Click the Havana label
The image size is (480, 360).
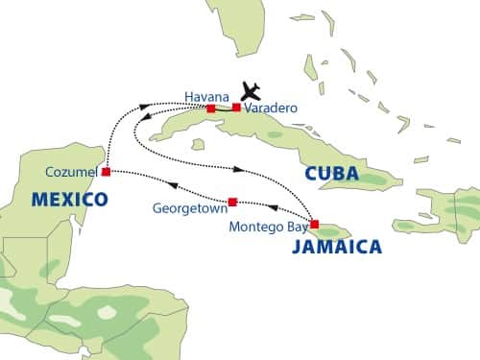click(x=207, y=97)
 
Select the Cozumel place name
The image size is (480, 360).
click(x=72, y=172)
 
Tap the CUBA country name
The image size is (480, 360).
click(x=330, y=175)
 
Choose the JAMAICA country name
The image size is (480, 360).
click(x=335, y=247)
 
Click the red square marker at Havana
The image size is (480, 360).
click(x=211, y=108)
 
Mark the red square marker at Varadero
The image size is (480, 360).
click(x=237, y=107)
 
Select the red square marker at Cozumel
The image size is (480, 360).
click(x=106, y=172)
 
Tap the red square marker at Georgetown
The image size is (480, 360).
click(x=232, y=202)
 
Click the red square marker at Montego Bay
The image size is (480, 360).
click(x=314, y=225)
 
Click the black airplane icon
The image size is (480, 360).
click(x=252, y=90)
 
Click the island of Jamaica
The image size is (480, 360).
click(x=331, y=231)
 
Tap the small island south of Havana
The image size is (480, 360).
click(x=199, y=144)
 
